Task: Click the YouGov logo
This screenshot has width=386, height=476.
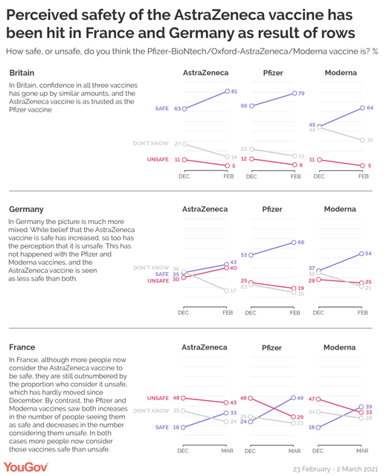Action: pyautogui.click(x=26, y=467)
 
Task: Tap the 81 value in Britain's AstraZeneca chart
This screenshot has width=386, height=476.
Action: pyautogui.click(x=234, y=91)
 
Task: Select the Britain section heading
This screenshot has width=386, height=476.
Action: pyautogui.click(x=22, y=73)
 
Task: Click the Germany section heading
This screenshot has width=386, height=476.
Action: pyautogui.click(x=26, y=209)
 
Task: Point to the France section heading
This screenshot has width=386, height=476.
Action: pyautogui.click(x=22, y=347)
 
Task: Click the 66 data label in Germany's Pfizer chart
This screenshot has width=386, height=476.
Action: pyautogui.click(x=300, y=242)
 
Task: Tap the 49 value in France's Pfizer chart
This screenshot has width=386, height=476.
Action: pyautogui.click(x=300, y=398)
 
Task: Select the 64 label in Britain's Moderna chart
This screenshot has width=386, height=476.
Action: pyautogui.click(x=370, y=107)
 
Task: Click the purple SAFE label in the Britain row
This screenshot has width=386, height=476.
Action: pyautogui.click(x=161, y=109)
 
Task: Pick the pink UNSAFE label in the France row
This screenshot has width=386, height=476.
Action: pyautogui.click(x=158, y=398)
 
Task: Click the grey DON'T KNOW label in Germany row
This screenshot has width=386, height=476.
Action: pyautogui.click(x=151, y=268)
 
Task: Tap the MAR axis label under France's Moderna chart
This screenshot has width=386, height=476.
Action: pyautogui.click(x=362, y=451)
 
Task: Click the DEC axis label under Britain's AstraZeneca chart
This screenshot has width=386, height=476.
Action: pyautogui.click(x=184, y=176)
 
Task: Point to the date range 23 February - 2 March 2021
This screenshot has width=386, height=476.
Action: pyautogui.click(x=335, y=469)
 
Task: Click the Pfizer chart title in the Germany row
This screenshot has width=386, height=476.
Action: pyautogui.click(x=272, y=209)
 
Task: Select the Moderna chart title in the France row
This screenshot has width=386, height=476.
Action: pyautogui.click(x=340, y=347)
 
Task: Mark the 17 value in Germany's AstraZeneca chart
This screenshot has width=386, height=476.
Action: pyautogui.click(x=233, y=291)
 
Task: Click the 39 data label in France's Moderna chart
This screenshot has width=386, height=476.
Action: pyautogui.click(x=368, y=407)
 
